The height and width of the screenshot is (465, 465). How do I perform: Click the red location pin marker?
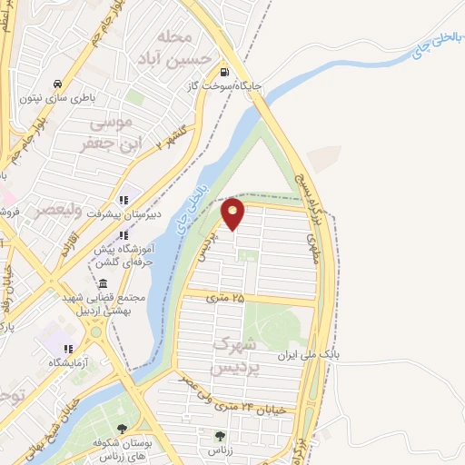point(233,213)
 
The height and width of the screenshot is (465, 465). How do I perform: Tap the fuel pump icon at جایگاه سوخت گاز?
point(223,74)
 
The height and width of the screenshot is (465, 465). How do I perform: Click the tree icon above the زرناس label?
point(218,436)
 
